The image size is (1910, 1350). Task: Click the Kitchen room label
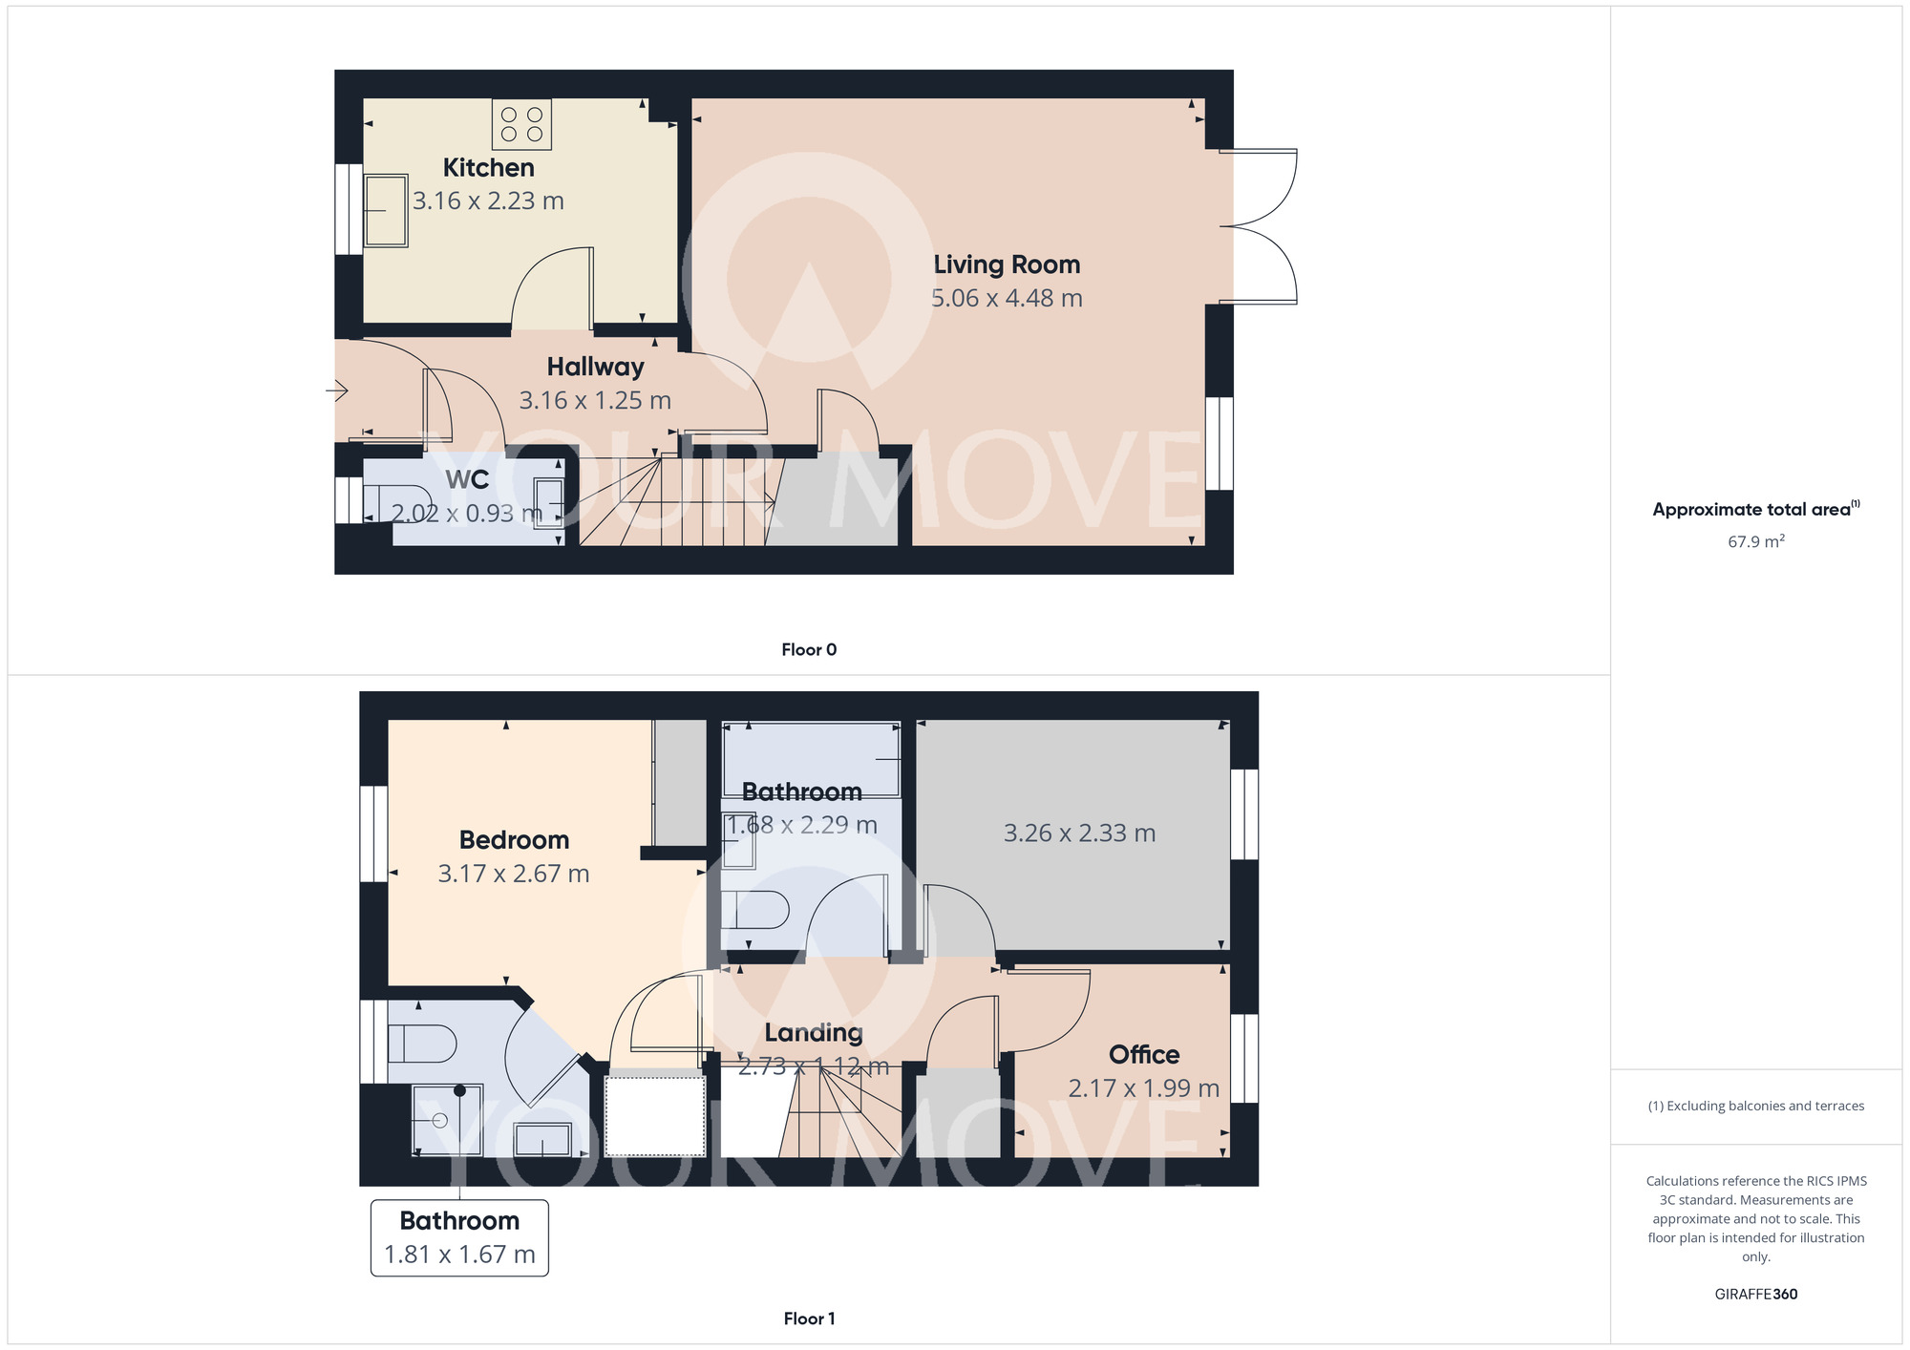click(x=488, y=168)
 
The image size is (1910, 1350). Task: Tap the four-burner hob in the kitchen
click(x=521, y=125)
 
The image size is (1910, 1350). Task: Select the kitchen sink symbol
click(x=386, y=210)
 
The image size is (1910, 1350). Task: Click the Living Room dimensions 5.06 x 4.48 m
click(x=1007, y=298)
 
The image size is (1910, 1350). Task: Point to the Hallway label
click(x=595, y=367)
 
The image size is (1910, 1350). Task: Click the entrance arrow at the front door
click(x=337, y=390)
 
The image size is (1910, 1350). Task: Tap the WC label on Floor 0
click(x=467, y=479)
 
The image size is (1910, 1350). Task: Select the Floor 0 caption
click(x=809, y=650)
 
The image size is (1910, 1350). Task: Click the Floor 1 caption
click(x=809, y=1318)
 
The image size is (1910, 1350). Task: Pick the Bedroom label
click(x=514, y=840)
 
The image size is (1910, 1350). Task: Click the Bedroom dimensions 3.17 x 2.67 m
click(x=514, y=874)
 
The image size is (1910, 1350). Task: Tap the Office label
click(x=1143, y=1055)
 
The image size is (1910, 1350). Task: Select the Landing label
click(x=814, y=1033)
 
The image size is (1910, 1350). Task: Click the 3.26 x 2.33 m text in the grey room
click(x=1079, y=833)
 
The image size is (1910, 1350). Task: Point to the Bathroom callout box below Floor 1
click(x=459, y=1237)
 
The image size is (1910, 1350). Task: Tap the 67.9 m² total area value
click(x=1755, y=541)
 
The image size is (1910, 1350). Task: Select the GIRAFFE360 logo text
click(x=1755, y=1295)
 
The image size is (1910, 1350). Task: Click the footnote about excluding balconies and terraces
click(x=1755, y=1107)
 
